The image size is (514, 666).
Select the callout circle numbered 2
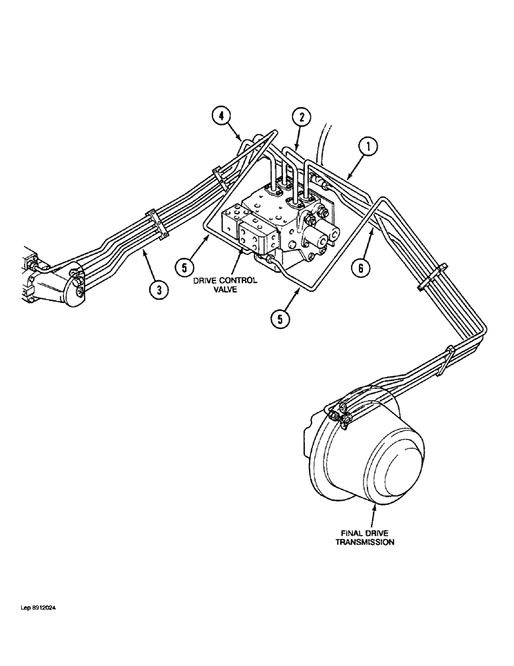coord(302,118)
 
